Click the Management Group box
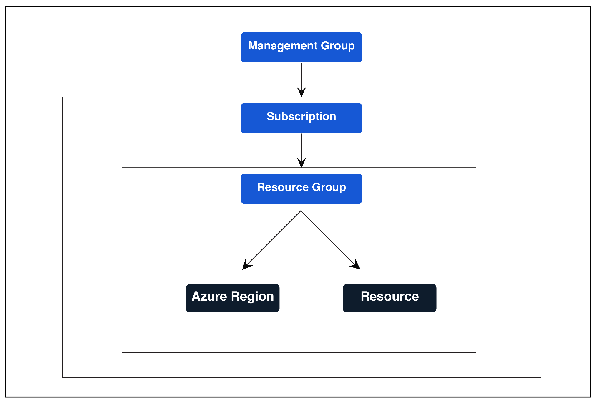301,47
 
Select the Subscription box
301,118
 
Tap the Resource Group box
301,188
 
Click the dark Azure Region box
233,298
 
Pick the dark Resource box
390,298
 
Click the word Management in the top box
283,46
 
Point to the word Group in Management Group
338,46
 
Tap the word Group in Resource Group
329,188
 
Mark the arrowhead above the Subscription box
301,92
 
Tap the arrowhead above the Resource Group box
301,163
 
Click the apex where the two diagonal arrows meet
301,211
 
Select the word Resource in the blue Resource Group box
283,187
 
